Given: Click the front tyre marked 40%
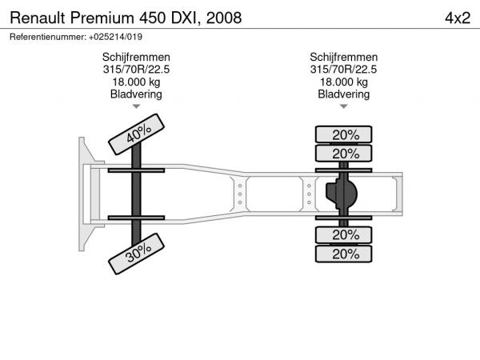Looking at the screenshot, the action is coord(136,134).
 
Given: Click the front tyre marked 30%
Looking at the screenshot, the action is coord(136,254).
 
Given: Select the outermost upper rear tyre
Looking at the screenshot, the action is coord(343,134).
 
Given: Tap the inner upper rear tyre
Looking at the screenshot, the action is coord(343,154).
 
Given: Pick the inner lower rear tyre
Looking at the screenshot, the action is coord(343,235).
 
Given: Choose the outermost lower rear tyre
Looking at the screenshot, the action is coord(343,254).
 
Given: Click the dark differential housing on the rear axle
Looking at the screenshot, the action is coord(342,194).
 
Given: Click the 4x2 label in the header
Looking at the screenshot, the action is coord(458,18).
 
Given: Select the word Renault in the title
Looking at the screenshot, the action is coord(38,18).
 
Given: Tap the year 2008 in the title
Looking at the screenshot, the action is coord(224,18).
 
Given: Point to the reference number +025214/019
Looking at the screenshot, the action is coord(115,37).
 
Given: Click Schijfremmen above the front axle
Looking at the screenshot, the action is coord(136,58).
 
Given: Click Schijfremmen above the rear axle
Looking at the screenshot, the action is coord(343,58).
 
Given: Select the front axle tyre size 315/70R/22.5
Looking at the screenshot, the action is coord(136,70).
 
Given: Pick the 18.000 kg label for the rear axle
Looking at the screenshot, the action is coord(343,82).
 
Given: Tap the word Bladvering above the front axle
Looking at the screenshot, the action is coord(136,94).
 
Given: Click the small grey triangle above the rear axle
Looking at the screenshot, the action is coord(343,106).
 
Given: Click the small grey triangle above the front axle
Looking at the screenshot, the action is coord(136,106).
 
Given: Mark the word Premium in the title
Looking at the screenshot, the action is coord(102,18).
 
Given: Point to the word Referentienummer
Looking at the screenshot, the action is coord(48,37).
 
